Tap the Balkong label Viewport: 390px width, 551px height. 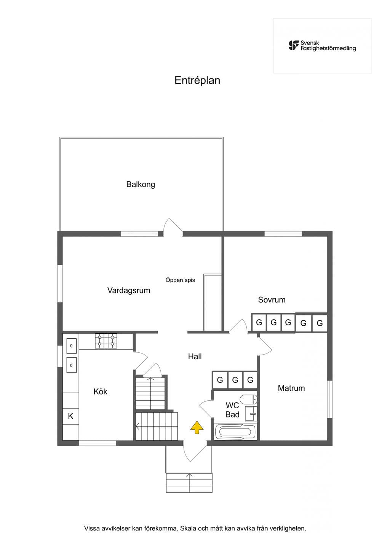(141, 185)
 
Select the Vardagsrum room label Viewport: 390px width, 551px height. (128, 290)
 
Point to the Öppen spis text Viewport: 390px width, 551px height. (180, 280)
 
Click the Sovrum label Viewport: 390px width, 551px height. (272, 299)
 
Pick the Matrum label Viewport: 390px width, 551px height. (291, 388)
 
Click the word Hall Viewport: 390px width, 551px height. (195, 357)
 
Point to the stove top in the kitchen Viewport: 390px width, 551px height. (106, 341)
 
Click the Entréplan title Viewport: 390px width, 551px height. (197, 80)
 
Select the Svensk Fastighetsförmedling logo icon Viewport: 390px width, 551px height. (294, 46)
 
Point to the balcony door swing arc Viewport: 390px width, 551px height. (173, 225)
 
